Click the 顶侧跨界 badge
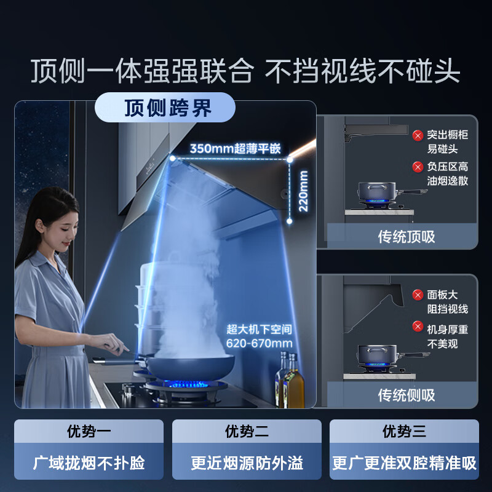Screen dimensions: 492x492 coord(165,108)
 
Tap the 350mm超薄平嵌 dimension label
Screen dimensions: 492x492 coord(235,148)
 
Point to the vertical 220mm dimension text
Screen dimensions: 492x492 coord(303,191)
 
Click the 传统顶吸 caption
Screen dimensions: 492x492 coord(406,237)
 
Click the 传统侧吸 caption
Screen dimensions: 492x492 coord(406,395)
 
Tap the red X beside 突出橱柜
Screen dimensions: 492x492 coord(418,135)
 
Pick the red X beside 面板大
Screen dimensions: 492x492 coord(418,295)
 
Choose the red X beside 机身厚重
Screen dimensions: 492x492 coord(418,327)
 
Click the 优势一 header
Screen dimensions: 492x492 coord(89,431)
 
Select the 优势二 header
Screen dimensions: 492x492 coord(247,431)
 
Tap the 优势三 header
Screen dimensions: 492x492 coord(404,431)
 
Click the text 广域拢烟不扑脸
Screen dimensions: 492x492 coord(89,462)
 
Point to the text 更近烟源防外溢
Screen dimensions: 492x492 coord(247,462)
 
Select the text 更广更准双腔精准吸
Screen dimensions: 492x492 coord(404,462)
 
